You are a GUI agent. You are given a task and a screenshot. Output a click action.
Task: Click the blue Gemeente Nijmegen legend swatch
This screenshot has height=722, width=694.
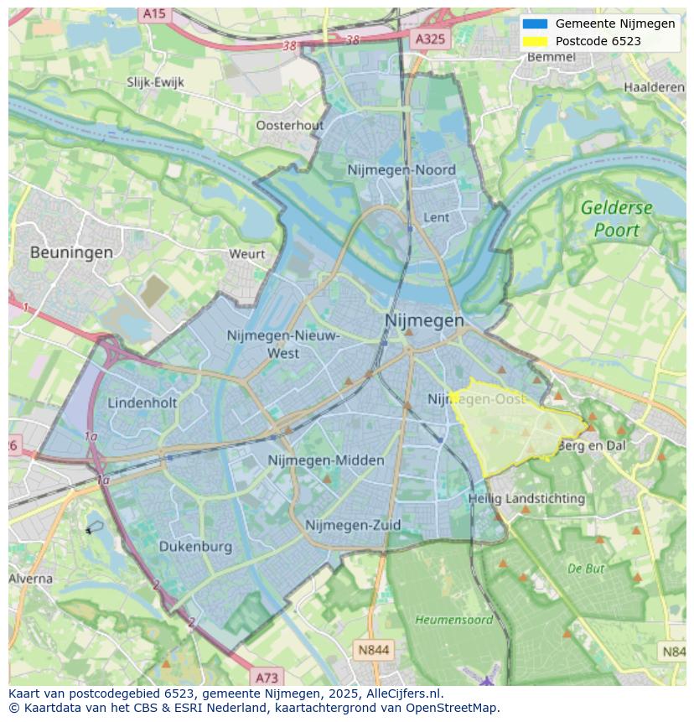tap(534, 24)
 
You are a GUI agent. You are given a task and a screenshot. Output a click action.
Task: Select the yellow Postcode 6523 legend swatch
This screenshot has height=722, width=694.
tap(534, 41)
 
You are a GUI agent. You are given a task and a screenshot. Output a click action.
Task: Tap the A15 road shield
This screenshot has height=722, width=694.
tap(153, 14)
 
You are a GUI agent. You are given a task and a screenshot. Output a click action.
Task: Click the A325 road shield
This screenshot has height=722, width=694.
tap(431, 39)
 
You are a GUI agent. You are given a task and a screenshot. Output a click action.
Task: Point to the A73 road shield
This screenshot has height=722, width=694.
tap(267, 678)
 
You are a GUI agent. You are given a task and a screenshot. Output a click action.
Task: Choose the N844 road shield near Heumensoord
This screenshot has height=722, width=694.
tap(373, 650)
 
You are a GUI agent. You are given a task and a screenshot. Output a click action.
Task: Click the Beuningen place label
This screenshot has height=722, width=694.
tap(71, 252)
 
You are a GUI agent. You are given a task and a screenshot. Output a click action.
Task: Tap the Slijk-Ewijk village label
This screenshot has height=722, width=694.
tap(155, 82)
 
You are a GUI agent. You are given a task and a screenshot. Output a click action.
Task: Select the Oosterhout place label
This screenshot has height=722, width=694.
tap(289, 126)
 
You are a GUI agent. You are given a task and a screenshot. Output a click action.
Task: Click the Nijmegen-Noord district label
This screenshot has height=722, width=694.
tap(401, 170)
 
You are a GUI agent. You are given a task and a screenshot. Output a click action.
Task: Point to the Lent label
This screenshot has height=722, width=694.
tap(437, 217)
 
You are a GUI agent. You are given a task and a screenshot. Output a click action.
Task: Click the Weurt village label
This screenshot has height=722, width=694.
tap(246, 254)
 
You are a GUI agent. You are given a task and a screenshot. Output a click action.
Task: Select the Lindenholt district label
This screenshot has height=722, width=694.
tap(142, 403)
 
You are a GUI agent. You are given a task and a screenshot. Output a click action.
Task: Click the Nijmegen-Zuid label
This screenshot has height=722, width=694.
tap(353, 526)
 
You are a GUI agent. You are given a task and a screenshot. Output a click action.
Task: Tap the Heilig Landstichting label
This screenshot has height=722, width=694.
tap(526, 499)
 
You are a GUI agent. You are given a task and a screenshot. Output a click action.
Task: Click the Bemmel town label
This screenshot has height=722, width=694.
tap(552, 57)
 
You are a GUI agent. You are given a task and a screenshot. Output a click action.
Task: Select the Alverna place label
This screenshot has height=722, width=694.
tap(31, 579)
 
